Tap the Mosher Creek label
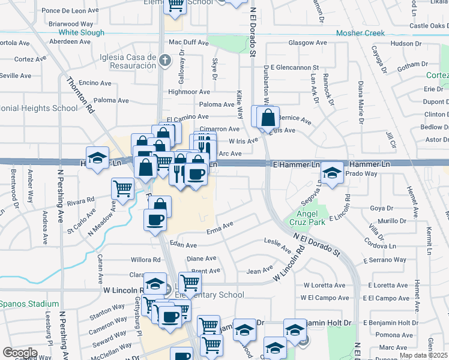click(360, 33)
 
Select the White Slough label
click(81, 32)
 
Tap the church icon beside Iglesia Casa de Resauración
click(166, 59)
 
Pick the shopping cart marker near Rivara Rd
click(123, 188)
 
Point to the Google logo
click(19, 353)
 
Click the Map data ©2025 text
click(424, 355)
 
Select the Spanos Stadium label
click(29, 304)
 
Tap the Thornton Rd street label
click(80, 95)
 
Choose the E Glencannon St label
click(294, 68)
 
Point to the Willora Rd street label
click(146, 260)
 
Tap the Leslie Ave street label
click(277, 241)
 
